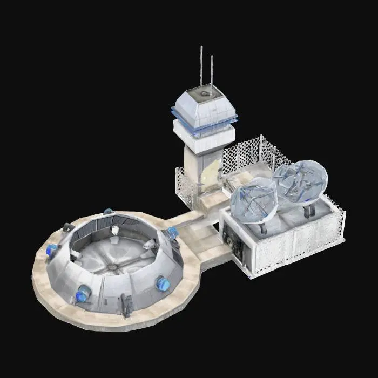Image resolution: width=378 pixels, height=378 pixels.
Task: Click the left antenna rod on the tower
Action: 202,67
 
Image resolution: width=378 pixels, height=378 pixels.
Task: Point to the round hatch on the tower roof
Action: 204,94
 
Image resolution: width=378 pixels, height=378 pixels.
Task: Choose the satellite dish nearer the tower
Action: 254,200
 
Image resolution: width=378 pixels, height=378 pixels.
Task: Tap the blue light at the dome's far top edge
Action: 109,212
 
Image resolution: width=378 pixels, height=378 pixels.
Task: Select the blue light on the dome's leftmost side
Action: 52,249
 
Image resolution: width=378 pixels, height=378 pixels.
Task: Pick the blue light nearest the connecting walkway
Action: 172,233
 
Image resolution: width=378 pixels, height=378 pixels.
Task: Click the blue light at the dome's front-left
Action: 83,295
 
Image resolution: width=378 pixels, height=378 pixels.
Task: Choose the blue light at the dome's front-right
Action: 163,283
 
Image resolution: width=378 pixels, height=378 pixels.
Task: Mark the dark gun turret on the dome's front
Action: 127,306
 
